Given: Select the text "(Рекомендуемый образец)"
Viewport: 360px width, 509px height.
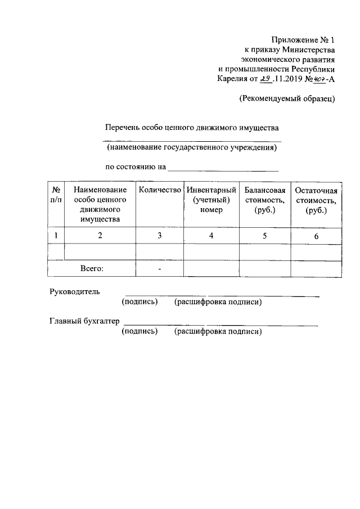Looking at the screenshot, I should point(287,98).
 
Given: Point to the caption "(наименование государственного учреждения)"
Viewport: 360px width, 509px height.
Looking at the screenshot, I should point(192,148).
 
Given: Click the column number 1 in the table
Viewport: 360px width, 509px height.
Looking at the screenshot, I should point(56,236).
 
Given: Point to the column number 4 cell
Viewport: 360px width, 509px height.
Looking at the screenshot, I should point(211,236).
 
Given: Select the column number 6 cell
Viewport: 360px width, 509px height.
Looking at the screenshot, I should point(316,237).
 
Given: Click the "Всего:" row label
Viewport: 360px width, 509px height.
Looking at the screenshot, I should point(92,269).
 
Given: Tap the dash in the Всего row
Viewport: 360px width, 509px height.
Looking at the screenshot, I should point(160,270).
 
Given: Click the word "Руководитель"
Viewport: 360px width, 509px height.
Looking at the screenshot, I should point(75,292).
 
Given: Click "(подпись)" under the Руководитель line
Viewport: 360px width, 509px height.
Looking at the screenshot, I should point(139,302).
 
